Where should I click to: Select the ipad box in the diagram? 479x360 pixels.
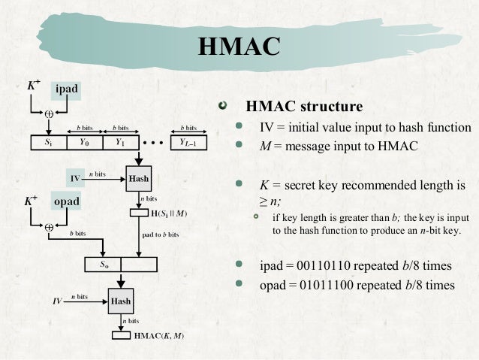click(x=66, y=90)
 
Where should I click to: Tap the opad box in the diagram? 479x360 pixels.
click(x=66, y=202)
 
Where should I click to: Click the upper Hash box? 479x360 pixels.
click(x=139, y=178)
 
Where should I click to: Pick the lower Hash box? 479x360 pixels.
click(x=120, y=301)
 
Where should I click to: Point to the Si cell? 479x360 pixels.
click(x=48, y=141)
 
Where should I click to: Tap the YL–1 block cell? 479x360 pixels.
click(x=184, y=141)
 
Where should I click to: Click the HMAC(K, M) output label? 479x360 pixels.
click(x=159, y=335)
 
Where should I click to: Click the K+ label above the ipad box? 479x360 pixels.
click(x=34, y=86)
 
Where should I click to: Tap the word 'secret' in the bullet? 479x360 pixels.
click(x=307, y=185)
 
